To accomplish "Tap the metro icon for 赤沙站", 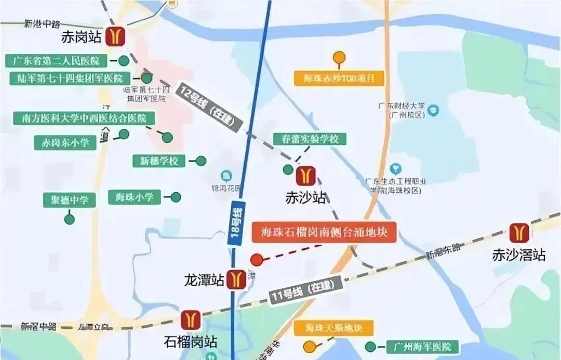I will (305, 176).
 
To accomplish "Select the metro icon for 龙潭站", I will (238, 279).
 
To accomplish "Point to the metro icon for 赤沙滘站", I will (518, 233).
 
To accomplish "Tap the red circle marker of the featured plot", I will (257, 260).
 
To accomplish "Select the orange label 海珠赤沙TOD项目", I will (339, 78).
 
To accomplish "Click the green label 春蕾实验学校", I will (310, 139).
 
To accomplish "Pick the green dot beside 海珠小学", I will (176, 197).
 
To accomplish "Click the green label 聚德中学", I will (70, 200).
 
